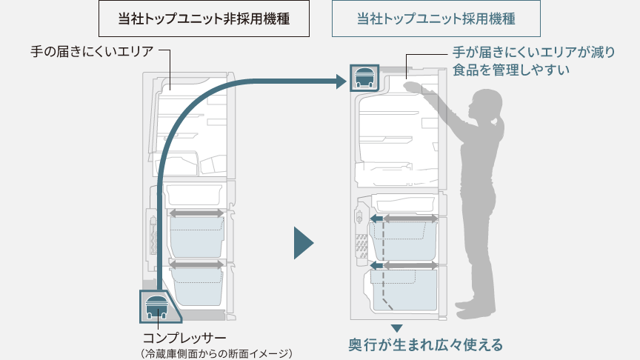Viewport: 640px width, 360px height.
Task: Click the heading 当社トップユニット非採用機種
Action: click(x=203, y=19)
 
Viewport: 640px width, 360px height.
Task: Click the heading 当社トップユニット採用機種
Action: click(x=436, y=19)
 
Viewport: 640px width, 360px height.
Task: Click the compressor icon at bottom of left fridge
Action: click(x=158, y=304)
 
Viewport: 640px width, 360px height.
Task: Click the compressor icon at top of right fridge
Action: click(x=364, y=77)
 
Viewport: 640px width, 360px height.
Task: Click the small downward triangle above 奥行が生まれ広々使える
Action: click(x=396, y=327)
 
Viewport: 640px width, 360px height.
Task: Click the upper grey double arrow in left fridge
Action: click(x=196, y=213)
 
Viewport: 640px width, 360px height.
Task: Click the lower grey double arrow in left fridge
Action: click(x=196, y=264)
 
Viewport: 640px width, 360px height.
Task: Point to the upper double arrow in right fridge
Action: click(x=402, y=219)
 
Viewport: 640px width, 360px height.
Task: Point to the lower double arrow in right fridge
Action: click(x=402, y=265)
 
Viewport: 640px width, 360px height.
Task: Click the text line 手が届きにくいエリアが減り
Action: click(x=533, y=53)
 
